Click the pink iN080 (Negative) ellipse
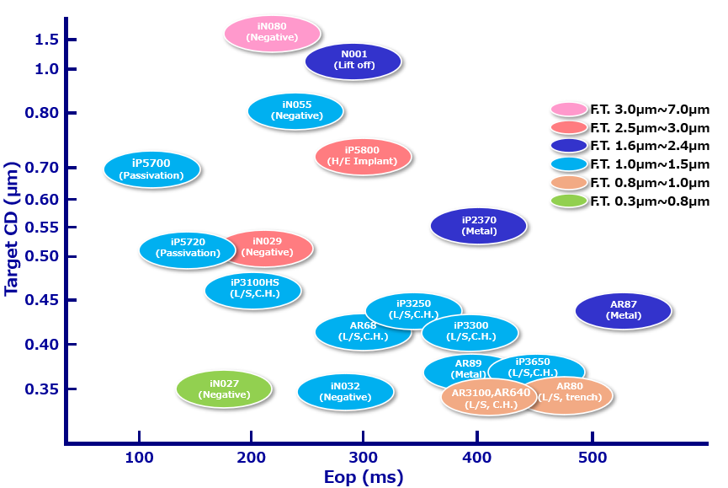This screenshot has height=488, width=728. coord(273,33)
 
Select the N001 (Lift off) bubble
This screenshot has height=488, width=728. coord(353,60)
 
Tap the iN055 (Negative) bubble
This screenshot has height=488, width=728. coord(295,110)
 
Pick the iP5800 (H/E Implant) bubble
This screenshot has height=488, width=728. coord(363,156)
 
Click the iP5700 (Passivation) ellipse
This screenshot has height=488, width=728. coord(152,169)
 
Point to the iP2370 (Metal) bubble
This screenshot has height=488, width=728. coord(479,225)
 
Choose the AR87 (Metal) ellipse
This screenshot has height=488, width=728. coord(623,310)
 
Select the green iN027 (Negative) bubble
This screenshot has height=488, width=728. coord(224,389)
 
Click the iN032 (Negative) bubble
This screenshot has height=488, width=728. coord(345,392)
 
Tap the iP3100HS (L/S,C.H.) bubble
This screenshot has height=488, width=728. coord(253,288)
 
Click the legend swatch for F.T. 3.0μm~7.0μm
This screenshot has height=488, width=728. coord(569,110)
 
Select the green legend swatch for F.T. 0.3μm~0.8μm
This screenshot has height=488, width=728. coord(569,201)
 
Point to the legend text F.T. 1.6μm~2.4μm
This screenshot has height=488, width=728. coord(650,146)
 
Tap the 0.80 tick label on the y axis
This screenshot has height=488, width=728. coord(40,114)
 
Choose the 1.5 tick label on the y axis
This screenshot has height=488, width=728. coord(46,40)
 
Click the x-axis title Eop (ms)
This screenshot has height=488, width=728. coord(364,477)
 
